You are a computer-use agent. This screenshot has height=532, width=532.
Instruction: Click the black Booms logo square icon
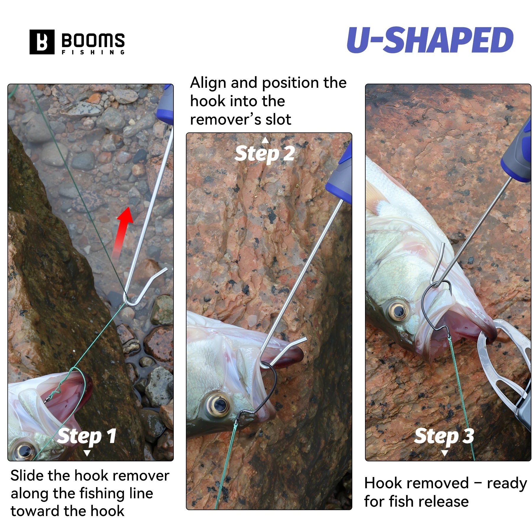42,42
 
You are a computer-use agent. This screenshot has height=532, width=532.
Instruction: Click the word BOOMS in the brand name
93,40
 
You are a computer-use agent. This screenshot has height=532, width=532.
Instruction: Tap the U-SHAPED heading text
430,40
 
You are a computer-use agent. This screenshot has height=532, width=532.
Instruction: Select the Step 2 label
265,154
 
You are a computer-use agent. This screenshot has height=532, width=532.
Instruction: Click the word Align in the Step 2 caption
208,83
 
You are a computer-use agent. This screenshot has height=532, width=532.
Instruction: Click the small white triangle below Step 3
444,453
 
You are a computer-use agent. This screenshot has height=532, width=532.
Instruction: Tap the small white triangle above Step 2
265,140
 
